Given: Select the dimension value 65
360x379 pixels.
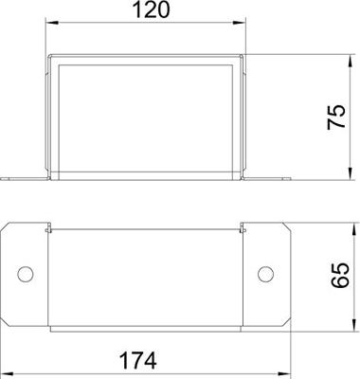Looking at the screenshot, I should [x=334, y=275].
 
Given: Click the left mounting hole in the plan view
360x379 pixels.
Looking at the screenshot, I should [x=27, y=275].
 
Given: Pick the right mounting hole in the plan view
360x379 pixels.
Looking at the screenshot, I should [x=266, y=275].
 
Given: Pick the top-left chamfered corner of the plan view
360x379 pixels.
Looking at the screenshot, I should [x=9, y=228].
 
